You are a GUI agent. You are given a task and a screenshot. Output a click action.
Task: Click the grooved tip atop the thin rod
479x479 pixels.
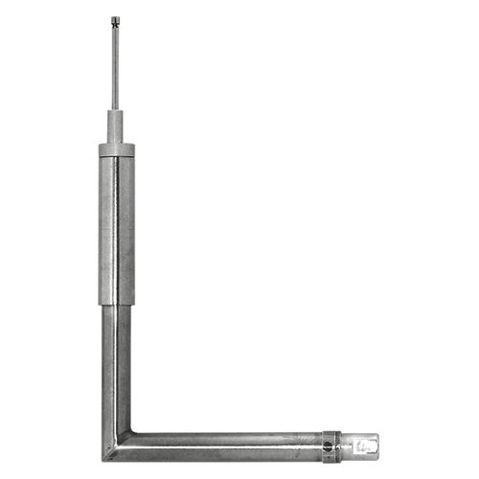point(115,19)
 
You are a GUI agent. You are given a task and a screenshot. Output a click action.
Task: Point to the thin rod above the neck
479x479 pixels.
point(115,67)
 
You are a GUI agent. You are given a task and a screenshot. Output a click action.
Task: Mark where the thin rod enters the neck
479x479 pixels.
point(115,110)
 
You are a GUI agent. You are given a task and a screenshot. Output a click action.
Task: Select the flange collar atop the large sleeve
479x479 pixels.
point(116,149)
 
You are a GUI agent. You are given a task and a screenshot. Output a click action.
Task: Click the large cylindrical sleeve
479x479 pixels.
point(116,230)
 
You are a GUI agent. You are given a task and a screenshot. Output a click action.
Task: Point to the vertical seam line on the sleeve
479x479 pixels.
point(117,230)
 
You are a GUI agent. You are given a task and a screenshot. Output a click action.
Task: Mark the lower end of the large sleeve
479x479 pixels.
point(116,303)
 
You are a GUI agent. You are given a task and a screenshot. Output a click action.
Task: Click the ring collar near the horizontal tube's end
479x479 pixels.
point(331,445)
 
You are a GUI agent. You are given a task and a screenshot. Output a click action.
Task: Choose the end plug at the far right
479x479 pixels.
point(359,445)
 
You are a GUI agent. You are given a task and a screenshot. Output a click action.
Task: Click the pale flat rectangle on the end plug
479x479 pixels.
point(362,445)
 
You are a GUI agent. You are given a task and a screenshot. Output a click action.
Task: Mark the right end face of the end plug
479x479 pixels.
point(377,445)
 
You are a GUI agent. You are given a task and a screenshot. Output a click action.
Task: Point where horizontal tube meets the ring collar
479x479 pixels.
point(323,445)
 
